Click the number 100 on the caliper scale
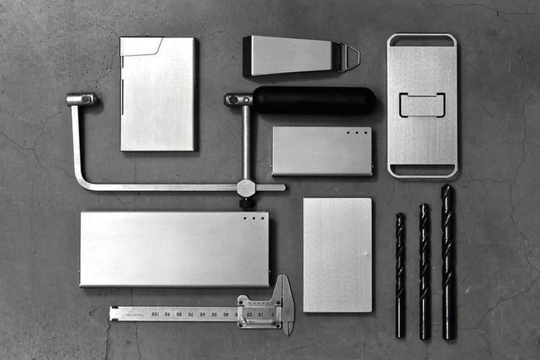pyautogui.click(x=156, y=314)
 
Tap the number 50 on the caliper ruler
pyautogui.click(x=215, y=314)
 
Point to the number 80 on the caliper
pyautogui.click(x=179, y=314)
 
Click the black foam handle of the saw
pyautogui.click(x=314, y=100)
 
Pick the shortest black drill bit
pyautogui.click(x=400, y=274)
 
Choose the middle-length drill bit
pyautogui.click(x=424, y=270)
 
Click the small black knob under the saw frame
pyautogui.click(x=247, y=204)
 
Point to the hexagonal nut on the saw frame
pyautogui.click(x=247, y=188)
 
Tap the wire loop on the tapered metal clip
pyautogui.click(x=351, y=57)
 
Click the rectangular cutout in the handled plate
pyautogui.click(x=422, y=104)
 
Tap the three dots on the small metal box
pyautogui.click(x=357, y=133)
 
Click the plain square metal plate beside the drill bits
pyautogui.click(x=338, y=255)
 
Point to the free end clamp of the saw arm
pyautogui.click(x=81, y=99)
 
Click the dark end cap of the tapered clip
pyautogui.click(x=248, y=56)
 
